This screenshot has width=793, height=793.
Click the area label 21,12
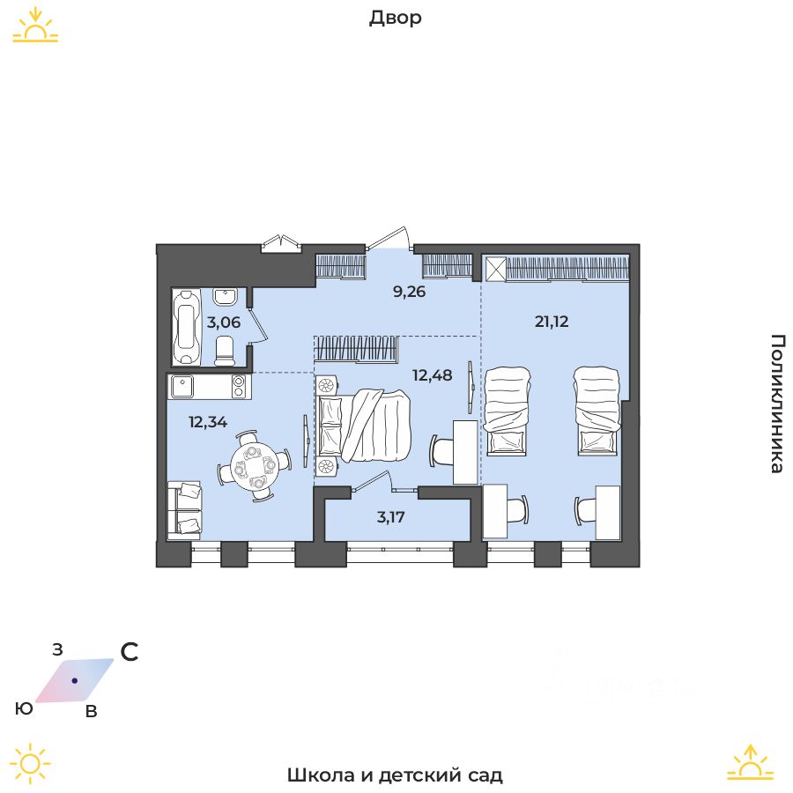[552, 321]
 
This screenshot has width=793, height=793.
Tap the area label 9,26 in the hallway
[409, 292]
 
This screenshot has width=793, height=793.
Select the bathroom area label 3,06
[224, 322]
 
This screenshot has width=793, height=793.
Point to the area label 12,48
[433, 375]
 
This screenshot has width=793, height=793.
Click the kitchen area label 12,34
[208, 422]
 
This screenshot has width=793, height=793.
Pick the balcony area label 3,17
[391, 517]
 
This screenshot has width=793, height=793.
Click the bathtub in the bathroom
[186, 326]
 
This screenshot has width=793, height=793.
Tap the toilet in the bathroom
[225, 351]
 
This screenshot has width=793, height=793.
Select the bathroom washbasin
[225, 296]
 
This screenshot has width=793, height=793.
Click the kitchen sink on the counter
[182, 387]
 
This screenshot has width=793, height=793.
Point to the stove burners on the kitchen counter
[238, 387]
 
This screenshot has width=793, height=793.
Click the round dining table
[254, 466]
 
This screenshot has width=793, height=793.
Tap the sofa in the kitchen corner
[184, 509]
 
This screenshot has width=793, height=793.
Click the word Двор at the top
[396, 19]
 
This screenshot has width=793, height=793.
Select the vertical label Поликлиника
[777, 403]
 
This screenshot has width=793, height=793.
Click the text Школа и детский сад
[395, 774]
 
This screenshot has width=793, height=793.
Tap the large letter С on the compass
[130, 652]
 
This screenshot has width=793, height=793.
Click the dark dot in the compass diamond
[74, 681]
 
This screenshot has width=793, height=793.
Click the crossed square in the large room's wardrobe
[495, 269]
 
